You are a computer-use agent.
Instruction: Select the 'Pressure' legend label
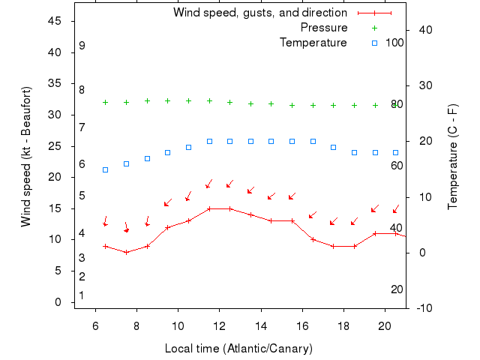coord(323,28)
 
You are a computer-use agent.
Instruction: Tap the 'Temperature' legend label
coord(313,43)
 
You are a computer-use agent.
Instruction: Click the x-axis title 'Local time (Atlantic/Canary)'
coord(238,349)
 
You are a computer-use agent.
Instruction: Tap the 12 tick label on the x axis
coord(220,326)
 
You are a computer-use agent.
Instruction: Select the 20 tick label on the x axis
coord(385,326)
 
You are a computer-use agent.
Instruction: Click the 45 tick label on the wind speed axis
coord(55,21)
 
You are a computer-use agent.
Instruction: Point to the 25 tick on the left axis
coord(55,145)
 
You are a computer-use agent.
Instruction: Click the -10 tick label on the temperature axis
coord(423,307)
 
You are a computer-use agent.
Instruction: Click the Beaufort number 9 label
coord(82,46)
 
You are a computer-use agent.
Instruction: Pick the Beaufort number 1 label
coord(82,295)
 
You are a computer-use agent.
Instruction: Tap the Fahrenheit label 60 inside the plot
coord(397,166)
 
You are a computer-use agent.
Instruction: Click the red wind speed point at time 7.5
coord(126,252)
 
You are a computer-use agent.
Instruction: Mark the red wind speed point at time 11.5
coord(209,208)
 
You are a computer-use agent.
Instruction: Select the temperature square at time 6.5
coord(106,169)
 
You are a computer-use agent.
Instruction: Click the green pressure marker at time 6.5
coord(106,102)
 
